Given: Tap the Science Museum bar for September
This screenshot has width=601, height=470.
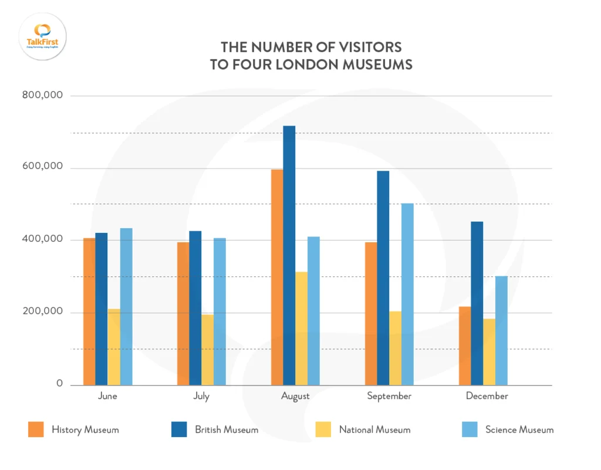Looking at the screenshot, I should pyautogui.click(x=407, y=294).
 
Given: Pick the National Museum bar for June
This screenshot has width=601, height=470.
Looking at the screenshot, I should pyautogui.click(x=114, y=347).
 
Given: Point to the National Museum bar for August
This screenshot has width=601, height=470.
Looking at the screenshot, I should pyautogui.click(x=301, y=328).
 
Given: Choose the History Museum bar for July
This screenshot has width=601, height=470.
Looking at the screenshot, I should pyautogui.click(x=183, y=313).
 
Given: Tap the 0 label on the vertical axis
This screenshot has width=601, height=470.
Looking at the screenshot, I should pyautogui.click(x=59, y=384).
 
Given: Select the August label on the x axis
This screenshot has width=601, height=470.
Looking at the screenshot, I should pyautogui.click(x=295, y=396).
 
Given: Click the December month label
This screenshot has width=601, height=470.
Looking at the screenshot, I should pyautogui.click(x=487, y=396).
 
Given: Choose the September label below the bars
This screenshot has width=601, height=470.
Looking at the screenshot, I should pyautogui.click(x=389, y=396).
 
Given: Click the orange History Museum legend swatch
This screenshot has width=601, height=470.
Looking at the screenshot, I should pyautogui.click(x=36, y=430).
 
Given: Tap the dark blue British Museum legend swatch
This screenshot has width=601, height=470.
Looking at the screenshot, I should pyautogui.click(x=179, y=430).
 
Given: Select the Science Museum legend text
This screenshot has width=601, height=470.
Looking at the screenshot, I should pyautogui.click(x=519, y=430).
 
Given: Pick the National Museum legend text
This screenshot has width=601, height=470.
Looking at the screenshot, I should pyautogui.click(x=374, y=430).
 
